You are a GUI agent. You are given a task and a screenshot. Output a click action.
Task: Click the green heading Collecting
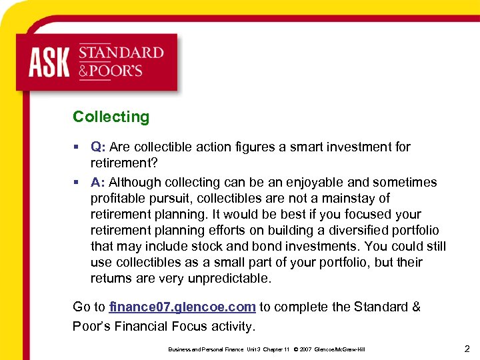click(x=111, y=117)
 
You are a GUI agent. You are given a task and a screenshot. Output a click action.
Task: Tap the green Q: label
click(x=99, y=147)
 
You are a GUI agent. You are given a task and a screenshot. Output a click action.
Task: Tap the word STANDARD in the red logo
click(x=121, y=53)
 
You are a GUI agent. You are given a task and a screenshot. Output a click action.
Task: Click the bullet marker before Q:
click(x=77, y=147)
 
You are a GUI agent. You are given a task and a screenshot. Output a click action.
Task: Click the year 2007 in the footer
click(x=306, y=349)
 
